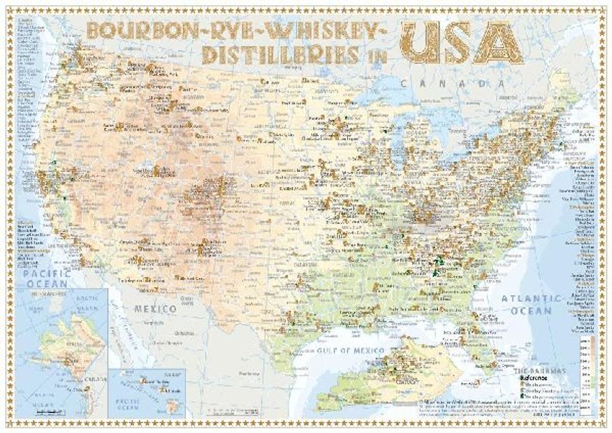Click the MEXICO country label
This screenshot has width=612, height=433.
(x=155, y=309)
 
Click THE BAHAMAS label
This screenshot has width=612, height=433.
(x=541, y=371)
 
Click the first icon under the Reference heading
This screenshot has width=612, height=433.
(x=522, y=384)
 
